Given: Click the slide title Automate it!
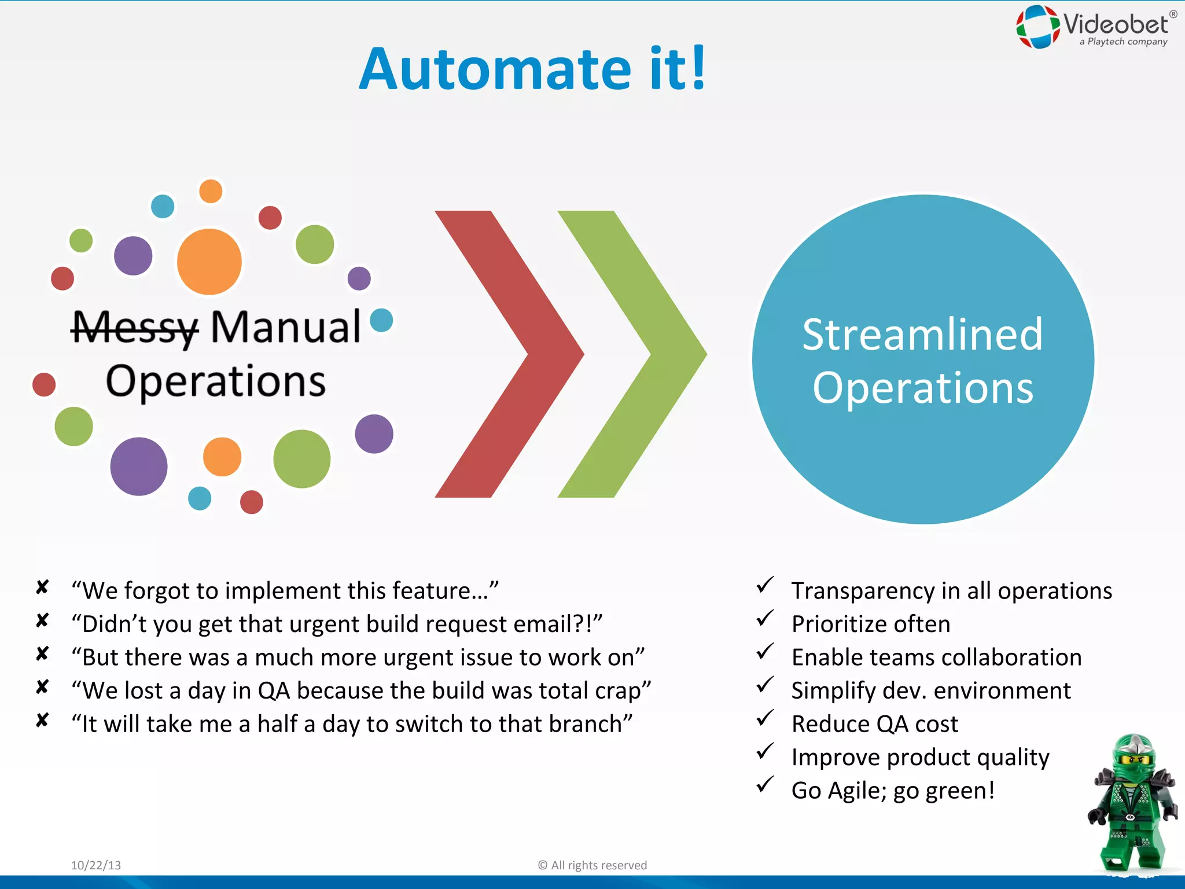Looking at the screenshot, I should click(x=532, y=69).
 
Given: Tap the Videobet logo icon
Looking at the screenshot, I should click(x=1038, y=26).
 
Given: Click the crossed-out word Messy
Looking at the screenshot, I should click(x=135, y=328).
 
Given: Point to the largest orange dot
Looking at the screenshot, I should click(x=209, y=262).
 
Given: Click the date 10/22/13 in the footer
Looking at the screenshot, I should click(x=96, y=865).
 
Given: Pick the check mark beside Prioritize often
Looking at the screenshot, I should click(x=765, y=619).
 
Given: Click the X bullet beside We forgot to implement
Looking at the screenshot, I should click(x=42, y=587).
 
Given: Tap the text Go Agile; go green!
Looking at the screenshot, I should click(x=893, y=791).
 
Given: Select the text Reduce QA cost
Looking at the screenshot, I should click(x=874, y=724).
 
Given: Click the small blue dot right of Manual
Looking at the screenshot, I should click(x=381, y=320).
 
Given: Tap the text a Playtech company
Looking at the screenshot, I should click(x=1123, y=42).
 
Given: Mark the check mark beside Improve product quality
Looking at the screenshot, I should click(x=765, y=752).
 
